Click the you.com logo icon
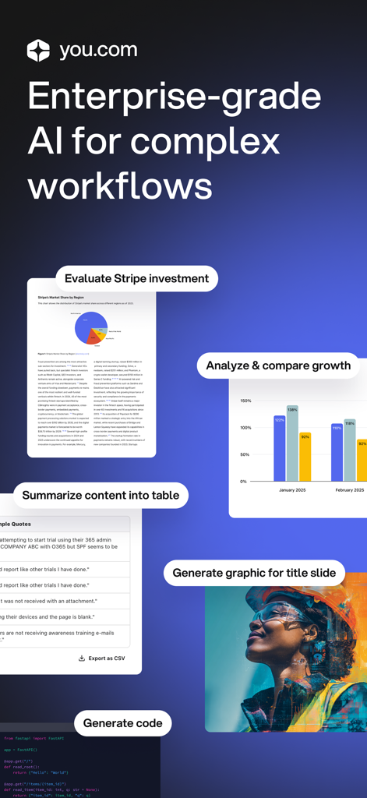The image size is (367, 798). pos(38,51)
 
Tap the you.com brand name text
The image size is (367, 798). pos(98,51)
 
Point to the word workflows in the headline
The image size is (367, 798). pos(120,187)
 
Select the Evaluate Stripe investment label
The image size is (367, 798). pos(136,278)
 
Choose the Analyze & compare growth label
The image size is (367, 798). pos(278,365)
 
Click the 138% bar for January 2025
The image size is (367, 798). pos(291,444)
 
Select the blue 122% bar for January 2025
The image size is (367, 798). pos(279,450)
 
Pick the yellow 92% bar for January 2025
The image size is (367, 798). pos(305,457)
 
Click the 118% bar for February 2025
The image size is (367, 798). pos(350,450)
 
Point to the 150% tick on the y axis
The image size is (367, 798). pos(245,401)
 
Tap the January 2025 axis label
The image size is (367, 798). pos(292,490)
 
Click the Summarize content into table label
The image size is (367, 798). pos(101,495)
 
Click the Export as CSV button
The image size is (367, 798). pos(102,659)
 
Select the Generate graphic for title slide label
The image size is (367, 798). pos(254,573)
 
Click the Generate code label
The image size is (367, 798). pos(123,723)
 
